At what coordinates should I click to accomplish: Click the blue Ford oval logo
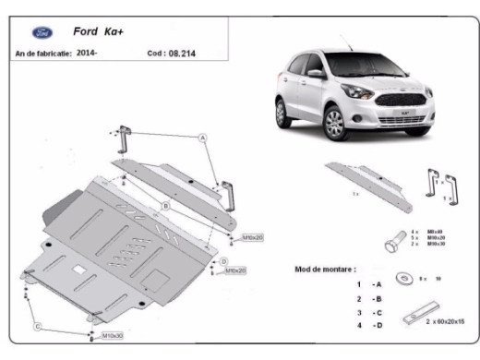point(42,32)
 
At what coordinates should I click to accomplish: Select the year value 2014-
point(88,54)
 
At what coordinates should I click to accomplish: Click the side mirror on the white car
point(316,73)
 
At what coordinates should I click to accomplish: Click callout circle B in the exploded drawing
point(164,205)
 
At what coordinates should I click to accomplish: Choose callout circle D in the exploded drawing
point(222,262)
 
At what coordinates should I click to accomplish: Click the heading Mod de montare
point(325,269)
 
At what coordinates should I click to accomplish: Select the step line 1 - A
point(368,284)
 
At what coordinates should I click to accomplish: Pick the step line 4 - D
point(368,326)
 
